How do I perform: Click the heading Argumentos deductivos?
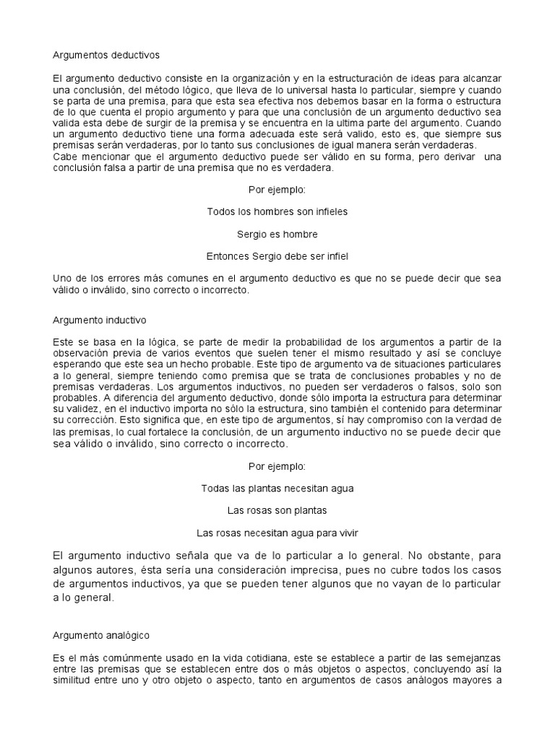pos(106,54)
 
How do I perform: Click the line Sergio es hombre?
pos(277,234)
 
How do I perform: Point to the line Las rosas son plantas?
pos(277,510)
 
